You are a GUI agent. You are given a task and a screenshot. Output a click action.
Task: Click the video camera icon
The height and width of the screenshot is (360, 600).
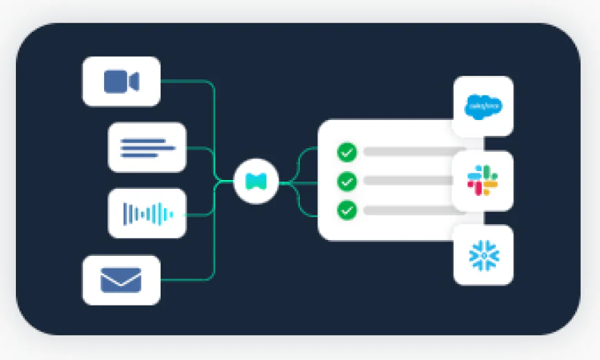coord(121,81)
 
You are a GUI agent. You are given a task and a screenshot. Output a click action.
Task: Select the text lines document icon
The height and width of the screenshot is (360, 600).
coord(147,148)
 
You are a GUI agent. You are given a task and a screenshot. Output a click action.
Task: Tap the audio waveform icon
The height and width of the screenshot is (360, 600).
coord(147,214)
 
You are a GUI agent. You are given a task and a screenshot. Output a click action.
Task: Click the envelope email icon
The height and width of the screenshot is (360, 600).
coord(121,280)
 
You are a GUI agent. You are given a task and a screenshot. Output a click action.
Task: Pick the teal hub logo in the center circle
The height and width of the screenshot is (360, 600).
coord(256,182)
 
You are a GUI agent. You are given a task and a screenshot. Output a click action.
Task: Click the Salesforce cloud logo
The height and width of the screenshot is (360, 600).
coord(483,106)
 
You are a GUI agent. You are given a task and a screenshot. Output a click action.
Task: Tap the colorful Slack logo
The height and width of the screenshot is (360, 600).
coord(483,181)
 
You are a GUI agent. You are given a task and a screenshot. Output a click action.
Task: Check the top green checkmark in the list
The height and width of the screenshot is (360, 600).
coord(346,152)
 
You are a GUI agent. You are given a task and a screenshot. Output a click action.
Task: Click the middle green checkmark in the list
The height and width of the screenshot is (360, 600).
coord(346,181)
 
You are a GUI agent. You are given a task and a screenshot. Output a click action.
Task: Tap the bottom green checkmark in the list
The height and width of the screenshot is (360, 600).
coord(346,210)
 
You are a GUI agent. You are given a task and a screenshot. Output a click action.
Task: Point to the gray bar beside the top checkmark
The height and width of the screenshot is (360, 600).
coord(407,152)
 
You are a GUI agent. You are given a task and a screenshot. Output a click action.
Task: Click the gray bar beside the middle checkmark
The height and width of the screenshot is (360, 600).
coord(407,181)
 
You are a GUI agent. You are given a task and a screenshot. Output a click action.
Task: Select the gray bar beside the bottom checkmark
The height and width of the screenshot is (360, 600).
coord(407,210)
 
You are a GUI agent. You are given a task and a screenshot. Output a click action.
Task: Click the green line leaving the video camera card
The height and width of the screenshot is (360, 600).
coord(186,81)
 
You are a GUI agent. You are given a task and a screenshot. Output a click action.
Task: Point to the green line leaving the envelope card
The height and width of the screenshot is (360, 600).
coord(186,280)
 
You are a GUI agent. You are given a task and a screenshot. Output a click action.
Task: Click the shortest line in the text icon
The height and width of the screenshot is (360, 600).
coord(139,154)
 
